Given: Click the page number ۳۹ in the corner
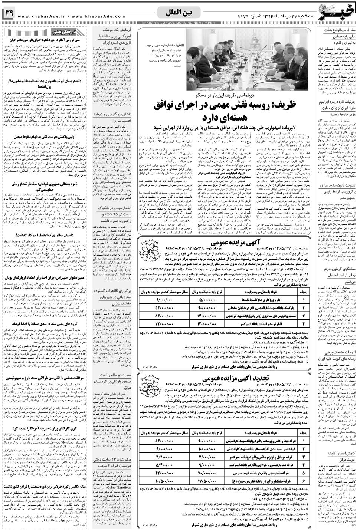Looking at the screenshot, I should point(8,14).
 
